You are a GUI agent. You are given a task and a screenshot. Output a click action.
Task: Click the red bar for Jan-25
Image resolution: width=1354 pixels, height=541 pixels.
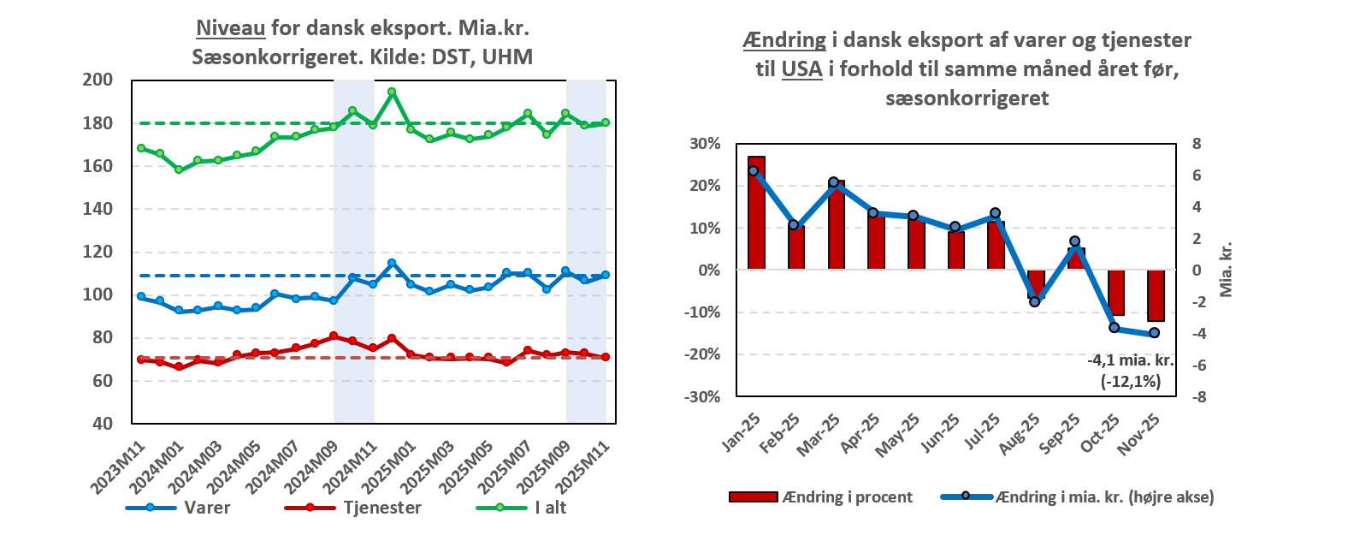(x=756, y=213)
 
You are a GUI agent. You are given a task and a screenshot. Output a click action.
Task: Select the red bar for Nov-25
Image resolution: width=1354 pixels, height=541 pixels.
(x=1155, y=296)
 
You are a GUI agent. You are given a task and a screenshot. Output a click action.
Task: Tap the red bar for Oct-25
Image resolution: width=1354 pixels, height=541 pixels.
(x=1115, y=293)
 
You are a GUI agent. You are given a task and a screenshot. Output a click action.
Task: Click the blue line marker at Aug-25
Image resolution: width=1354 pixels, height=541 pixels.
(x=1035, y=301)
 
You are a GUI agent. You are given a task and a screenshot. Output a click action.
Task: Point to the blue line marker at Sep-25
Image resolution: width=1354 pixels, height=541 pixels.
(x=1075, y=241)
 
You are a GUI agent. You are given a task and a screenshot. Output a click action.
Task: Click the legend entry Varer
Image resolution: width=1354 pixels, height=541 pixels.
(x=207, y=508)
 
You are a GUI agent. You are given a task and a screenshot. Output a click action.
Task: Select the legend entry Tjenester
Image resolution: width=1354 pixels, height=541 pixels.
(x=381, y=508)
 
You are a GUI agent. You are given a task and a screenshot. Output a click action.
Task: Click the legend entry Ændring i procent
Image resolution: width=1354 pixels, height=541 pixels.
(x=847, y=497)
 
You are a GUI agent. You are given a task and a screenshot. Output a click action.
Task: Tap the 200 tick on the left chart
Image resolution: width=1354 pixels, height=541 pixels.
(x=98, y=80)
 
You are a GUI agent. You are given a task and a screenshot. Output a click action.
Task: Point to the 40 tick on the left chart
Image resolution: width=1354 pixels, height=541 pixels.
(x=103, y=424)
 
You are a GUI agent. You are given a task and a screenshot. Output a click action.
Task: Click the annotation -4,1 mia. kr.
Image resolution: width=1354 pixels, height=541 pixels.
(x=1130, y=360)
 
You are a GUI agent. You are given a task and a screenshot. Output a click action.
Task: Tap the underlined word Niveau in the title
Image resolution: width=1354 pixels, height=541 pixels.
(x=231, y=28)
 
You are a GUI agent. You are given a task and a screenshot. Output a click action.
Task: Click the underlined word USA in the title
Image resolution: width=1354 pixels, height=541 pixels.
(x=801, y=69)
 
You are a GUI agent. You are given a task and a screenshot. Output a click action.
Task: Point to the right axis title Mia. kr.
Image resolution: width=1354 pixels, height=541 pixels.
(x=1226, y=269)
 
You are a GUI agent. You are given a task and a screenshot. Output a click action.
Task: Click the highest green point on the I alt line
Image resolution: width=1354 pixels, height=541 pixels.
(x=392, y=92)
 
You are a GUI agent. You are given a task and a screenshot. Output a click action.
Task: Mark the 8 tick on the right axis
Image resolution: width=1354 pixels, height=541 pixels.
(x=1197, y=144)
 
